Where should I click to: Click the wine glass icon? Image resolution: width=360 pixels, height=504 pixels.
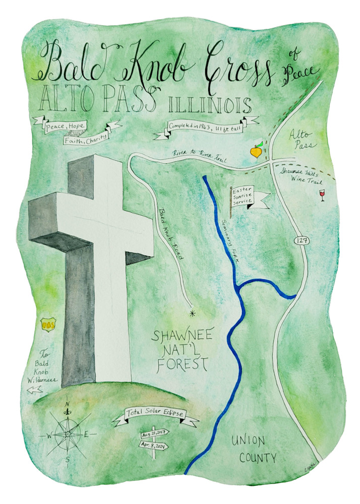click(323, 195)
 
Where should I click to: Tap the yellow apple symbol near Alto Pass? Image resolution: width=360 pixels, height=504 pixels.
click(257, 151)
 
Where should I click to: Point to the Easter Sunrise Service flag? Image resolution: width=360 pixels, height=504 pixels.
click(250, 197)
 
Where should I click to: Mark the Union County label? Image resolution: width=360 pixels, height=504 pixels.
click(254, 449)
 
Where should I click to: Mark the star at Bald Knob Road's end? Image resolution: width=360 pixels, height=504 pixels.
click(192, 313)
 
